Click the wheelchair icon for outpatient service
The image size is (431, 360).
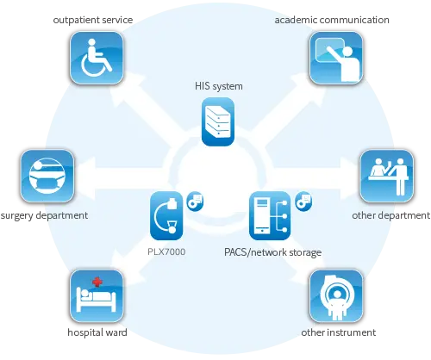click(x=97, y=58)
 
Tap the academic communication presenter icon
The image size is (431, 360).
click(x=336, y=58)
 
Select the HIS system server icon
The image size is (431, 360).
click(x=218, y=121)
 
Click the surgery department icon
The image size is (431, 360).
click(x=47, y=176)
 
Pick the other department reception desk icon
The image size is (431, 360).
click(x=387, y=176)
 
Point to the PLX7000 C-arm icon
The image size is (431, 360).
click(x=166, y=215)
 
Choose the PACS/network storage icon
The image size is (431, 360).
click(x=270, y=215)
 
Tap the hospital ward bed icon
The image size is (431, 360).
click(x=97, y=295)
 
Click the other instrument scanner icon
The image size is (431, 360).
click(x=336, y=295)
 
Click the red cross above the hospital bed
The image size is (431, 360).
click(x=97, y=282)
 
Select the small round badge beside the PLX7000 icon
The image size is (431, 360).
click(x=195, y=202)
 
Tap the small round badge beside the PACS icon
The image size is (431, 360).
click(x=303, y=202)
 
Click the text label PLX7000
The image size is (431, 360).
click(x=166, y=251)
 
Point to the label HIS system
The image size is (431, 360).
click(x=219, y=86)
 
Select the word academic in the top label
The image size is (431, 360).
click(x=296, y=20)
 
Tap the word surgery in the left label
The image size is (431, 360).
click(x=16, y=215)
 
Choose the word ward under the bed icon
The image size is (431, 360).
click(x=116, y=332)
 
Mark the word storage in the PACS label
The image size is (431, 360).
click(x=305, y=252)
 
